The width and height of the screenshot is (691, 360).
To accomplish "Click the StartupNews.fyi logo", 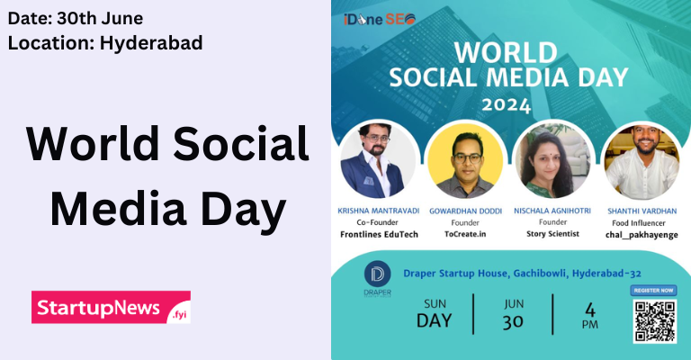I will click(111, 308).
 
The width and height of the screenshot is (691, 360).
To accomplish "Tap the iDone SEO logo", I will click(380, 20).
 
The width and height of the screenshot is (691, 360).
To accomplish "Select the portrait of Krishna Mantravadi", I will click(378, 161).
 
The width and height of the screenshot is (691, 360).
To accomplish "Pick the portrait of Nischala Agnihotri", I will click(551, 162).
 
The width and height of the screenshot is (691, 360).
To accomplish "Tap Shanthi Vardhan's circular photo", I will click(639, 162).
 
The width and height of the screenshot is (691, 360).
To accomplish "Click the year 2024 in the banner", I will click(507, 104).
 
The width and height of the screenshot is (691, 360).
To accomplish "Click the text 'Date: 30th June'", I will click(76, 17).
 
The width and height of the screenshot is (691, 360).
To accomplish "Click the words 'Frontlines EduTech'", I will click(379, 233).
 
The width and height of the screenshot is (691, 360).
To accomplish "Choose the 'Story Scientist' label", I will click(552, 233).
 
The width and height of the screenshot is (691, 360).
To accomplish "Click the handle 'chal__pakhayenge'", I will click(639, 233).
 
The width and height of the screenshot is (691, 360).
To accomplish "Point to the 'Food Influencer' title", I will click(639, 221).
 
